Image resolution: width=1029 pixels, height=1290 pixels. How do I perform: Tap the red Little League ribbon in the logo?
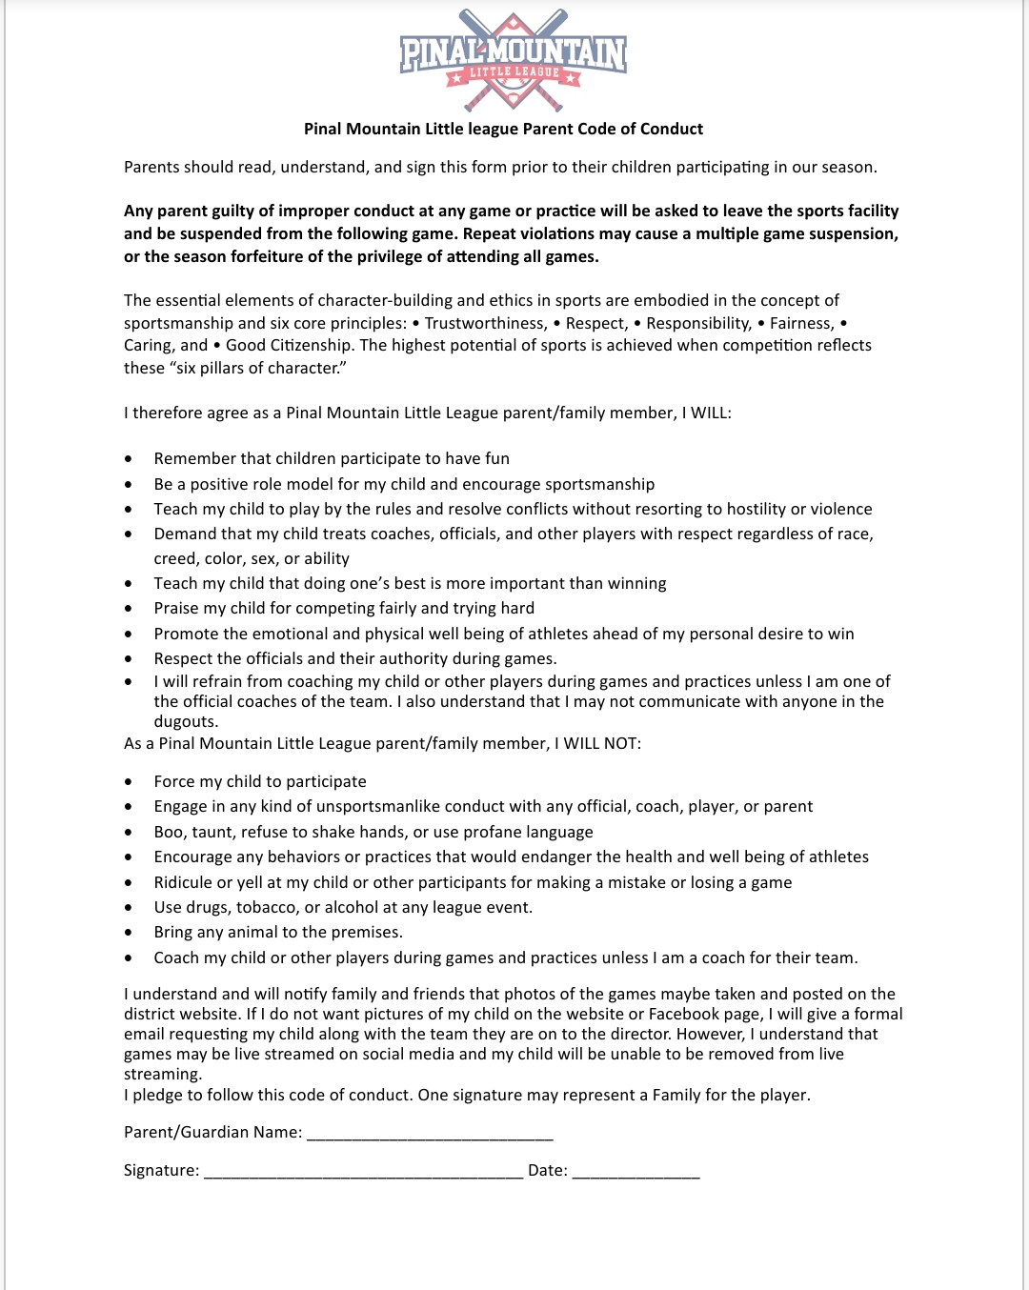(514, 72)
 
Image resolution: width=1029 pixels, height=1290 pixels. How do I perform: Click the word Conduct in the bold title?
(671, 129)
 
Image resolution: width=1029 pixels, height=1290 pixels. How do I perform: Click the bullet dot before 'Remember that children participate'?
(129, 459)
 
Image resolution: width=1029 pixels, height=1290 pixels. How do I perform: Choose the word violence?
(836, 509)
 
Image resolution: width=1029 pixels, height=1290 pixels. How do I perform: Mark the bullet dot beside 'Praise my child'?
(129, 609)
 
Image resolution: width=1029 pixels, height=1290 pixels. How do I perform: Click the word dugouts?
(185, 721)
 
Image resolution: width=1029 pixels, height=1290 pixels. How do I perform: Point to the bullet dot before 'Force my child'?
(129, 782)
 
